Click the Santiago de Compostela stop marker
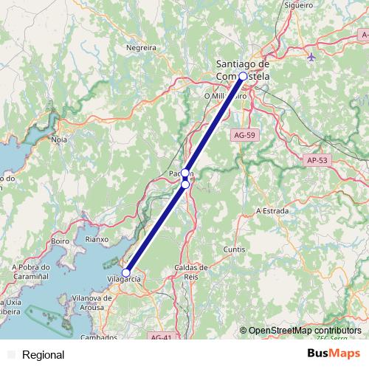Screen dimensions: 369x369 pyautogui.click(x=243, y=75)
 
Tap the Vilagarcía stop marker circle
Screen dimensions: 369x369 pyautogui.click(x=126, y=272)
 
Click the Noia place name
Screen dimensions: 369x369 pyautogui.click(x=60, y=139)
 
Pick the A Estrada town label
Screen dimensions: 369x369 pyautogui.click(x=270, y=210)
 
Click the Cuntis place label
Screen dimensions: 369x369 pyautogui.click(x=234, y=249)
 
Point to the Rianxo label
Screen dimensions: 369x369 pyautogui.click(x=97, y=239)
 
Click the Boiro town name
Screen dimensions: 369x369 pyautogui.click(x=61, y=241)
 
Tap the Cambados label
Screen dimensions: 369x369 pyautogui.click(x=100, y=337)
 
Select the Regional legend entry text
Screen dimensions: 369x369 pyautogui.click(x=44, y=355)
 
